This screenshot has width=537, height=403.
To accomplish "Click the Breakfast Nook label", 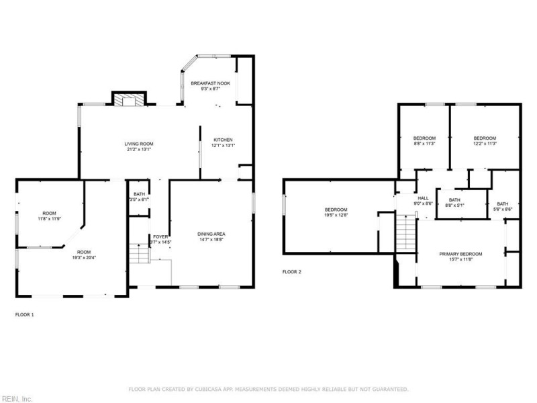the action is pyautogui.click(x=210, y=83).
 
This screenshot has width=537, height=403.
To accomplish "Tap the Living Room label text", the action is pyautogui.click(x=139, y=144).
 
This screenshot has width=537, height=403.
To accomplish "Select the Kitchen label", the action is pyautogui.click(x=223, y=140).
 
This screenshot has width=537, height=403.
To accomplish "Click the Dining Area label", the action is pyautogui.click(x=210, y=234).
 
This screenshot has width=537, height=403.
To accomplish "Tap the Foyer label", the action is pyautogui.click(x=160, y=236).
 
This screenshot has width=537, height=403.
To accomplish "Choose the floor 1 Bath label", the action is pyautogui.click(x=139, y=194).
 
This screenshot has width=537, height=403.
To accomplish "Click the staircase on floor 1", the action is pyautogui.click(x=138, y=254).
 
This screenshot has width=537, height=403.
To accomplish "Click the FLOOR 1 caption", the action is pyautogui.click(x=24, y=314).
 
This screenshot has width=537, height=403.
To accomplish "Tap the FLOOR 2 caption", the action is pyautogui.click(x=291, y=272).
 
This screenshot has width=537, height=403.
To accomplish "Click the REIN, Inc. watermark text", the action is pyautogui.click(x=16, y=399).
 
